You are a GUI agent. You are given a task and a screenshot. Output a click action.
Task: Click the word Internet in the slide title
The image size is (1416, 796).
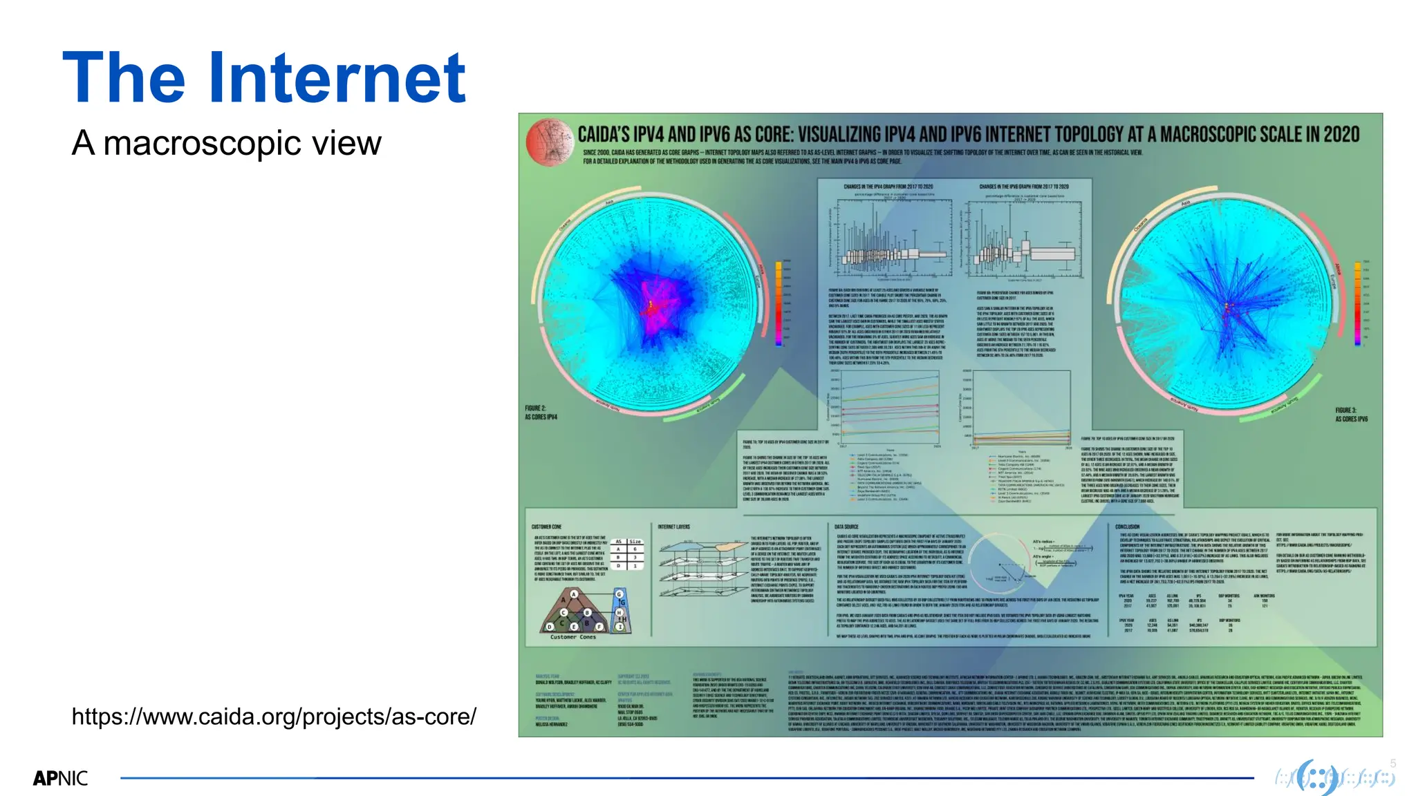337,78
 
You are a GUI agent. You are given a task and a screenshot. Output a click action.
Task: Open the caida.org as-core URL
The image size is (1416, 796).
274,717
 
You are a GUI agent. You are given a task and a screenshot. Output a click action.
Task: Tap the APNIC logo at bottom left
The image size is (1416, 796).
61,779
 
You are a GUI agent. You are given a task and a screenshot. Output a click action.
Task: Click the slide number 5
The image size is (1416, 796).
1392,764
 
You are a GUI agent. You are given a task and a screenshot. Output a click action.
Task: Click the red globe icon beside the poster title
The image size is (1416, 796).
549,142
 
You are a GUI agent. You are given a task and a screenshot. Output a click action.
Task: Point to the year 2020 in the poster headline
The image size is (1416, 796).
1341,135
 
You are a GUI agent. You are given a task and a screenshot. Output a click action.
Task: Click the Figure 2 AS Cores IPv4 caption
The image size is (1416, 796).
540,413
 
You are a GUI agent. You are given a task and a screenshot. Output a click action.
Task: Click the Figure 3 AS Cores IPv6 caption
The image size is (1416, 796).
1351,415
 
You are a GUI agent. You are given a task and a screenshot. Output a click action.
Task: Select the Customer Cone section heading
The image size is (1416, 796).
546,527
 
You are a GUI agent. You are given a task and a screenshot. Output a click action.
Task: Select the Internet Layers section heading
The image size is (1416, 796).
673,527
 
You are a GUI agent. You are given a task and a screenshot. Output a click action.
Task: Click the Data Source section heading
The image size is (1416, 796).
846,527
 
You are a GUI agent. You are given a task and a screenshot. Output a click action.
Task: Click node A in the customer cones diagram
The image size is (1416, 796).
573,594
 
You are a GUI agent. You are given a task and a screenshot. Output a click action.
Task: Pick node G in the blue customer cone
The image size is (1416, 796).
619,594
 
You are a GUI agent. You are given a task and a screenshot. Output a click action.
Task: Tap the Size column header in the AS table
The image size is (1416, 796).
635,542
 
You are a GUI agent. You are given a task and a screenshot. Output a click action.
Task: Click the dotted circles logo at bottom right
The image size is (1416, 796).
1334,778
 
